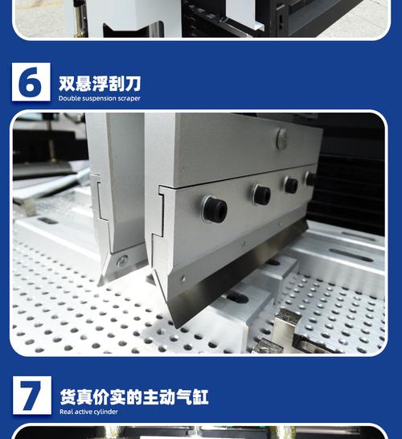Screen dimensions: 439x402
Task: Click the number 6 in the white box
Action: point(31,83)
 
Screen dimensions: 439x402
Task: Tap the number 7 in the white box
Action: point(31,396)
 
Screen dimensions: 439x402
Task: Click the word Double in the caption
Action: point(71,99)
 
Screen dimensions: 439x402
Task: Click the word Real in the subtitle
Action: point(67,412)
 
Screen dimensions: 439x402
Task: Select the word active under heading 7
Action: point(84,412)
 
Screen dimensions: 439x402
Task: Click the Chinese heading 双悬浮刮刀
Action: point(99,84)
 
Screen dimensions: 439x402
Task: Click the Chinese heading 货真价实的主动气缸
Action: point(133,397)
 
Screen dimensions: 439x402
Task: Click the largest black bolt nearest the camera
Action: point(214,209)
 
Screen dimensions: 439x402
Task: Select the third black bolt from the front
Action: point(290,184)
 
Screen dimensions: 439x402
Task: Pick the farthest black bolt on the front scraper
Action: point(310,178)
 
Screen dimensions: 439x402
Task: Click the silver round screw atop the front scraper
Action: point(282,138)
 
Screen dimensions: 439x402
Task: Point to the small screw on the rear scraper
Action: point(122,261)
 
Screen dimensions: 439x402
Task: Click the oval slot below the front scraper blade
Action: point(236,297)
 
